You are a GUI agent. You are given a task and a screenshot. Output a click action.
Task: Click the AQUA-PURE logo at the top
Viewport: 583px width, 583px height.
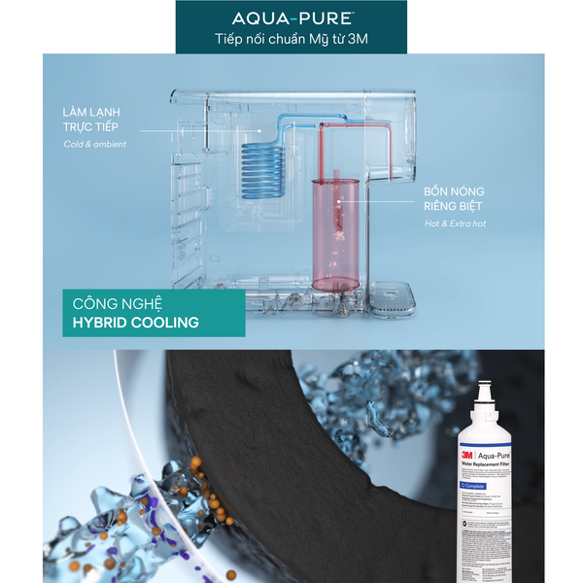291,18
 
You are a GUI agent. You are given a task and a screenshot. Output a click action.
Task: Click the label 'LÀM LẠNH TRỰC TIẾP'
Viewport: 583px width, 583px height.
94,120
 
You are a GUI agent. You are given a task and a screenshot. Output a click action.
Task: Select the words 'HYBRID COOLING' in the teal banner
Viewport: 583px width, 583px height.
135,322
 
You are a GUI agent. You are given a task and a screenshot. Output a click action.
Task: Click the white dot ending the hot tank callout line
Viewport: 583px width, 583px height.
341,202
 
